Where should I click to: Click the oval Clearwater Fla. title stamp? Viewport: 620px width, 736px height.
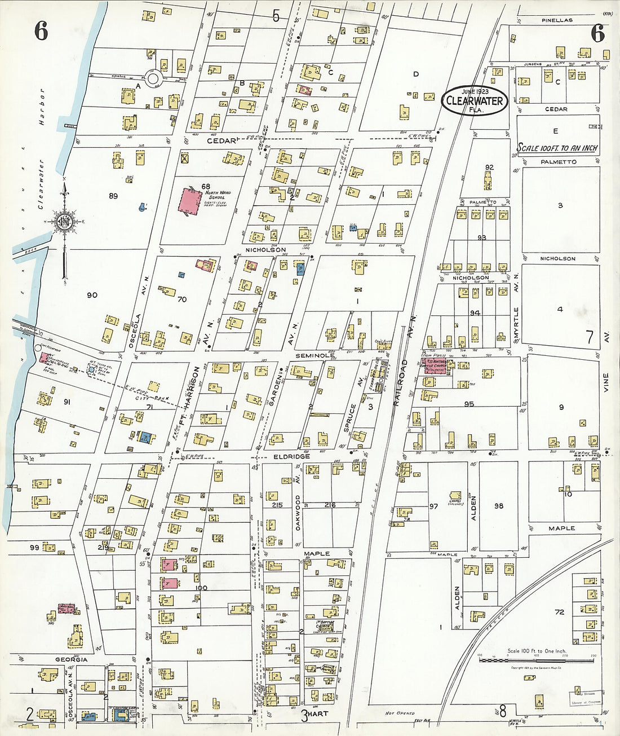(x=475, y=100)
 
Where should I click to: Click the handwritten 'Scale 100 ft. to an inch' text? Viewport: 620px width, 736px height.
(x=557, y=148)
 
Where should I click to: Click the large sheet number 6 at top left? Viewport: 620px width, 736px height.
(x=41, y=32)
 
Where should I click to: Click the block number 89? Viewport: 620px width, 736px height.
(x=113, y=196)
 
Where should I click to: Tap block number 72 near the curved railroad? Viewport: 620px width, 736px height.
(x=559, y=611)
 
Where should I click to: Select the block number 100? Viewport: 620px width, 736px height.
(x=201, y=588)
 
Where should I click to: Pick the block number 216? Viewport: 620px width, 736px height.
(x=330, y=505)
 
